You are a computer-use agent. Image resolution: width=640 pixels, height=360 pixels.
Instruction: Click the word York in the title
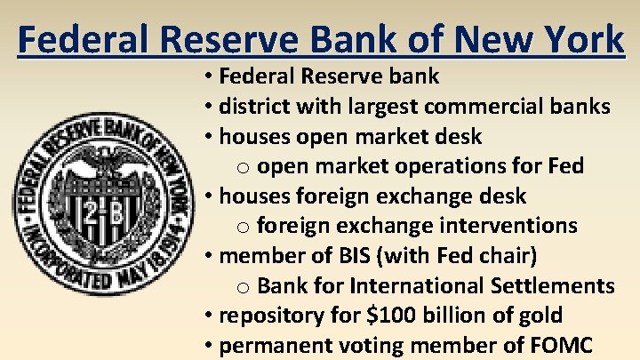point(580,39)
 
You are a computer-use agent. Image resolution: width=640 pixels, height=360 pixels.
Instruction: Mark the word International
point(412,286)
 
